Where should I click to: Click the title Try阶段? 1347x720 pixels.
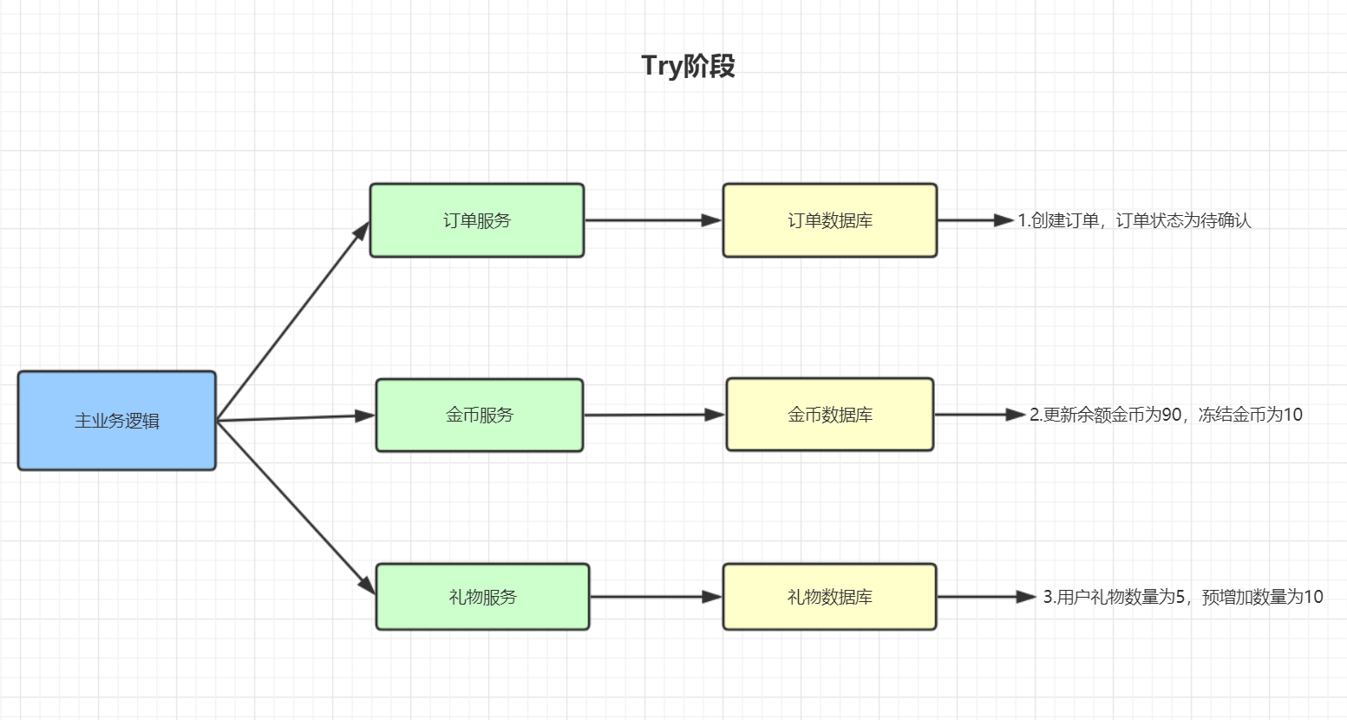coord(688,66)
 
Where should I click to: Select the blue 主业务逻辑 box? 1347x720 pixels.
coord(117,421)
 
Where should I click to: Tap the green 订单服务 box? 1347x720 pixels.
coord(477,220)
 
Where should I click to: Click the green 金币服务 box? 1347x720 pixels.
coord(480,415)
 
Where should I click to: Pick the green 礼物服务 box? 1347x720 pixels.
coord(483,597)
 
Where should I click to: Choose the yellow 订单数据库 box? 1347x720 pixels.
coord(830,220)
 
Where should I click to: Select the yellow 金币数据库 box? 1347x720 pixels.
coord(830,415)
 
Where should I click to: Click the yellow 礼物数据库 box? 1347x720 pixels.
coord(830,597)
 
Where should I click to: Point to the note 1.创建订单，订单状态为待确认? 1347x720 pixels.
coord(1134,220)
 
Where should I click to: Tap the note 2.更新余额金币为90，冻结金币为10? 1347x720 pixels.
coord(1166,415)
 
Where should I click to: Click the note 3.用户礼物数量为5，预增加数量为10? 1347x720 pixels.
coord(1183,597)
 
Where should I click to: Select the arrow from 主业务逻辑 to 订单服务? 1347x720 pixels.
coord(293,321)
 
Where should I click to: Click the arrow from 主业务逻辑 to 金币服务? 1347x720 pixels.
coord(296,418)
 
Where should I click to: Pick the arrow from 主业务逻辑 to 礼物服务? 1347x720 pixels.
coord(296,507)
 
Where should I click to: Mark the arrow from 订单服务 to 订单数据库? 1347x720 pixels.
coord(653,220)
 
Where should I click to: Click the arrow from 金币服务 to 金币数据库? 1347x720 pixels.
coord(655,415)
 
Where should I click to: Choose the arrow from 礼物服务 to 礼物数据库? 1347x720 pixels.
coord(656,597)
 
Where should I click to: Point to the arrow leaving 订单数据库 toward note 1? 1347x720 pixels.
coord(976,220)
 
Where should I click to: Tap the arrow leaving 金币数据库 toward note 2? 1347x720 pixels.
coord(980,415)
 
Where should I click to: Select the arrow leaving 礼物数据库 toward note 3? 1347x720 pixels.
coord(987,597)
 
